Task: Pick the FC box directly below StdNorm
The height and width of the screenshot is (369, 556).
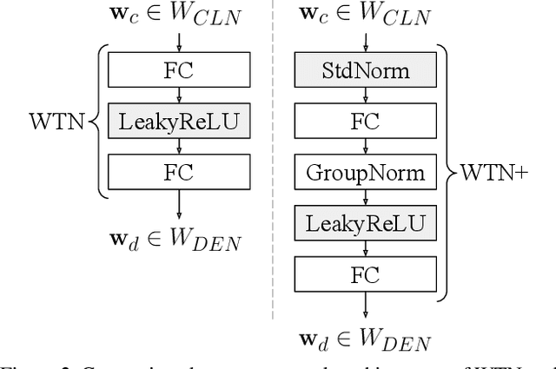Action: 366,122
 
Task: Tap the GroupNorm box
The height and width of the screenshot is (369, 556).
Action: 366,172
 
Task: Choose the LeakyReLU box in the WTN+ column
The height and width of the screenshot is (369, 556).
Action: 366,224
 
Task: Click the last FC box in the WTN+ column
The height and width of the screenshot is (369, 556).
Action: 366,275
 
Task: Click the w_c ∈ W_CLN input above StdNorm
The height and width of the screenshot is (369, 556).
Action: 366,14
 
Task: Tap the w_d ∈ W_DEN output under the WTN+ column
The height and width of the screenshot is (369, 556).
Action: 366,341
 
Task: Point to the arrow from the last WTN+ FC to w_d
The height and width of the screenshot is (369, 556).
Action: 366,307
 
